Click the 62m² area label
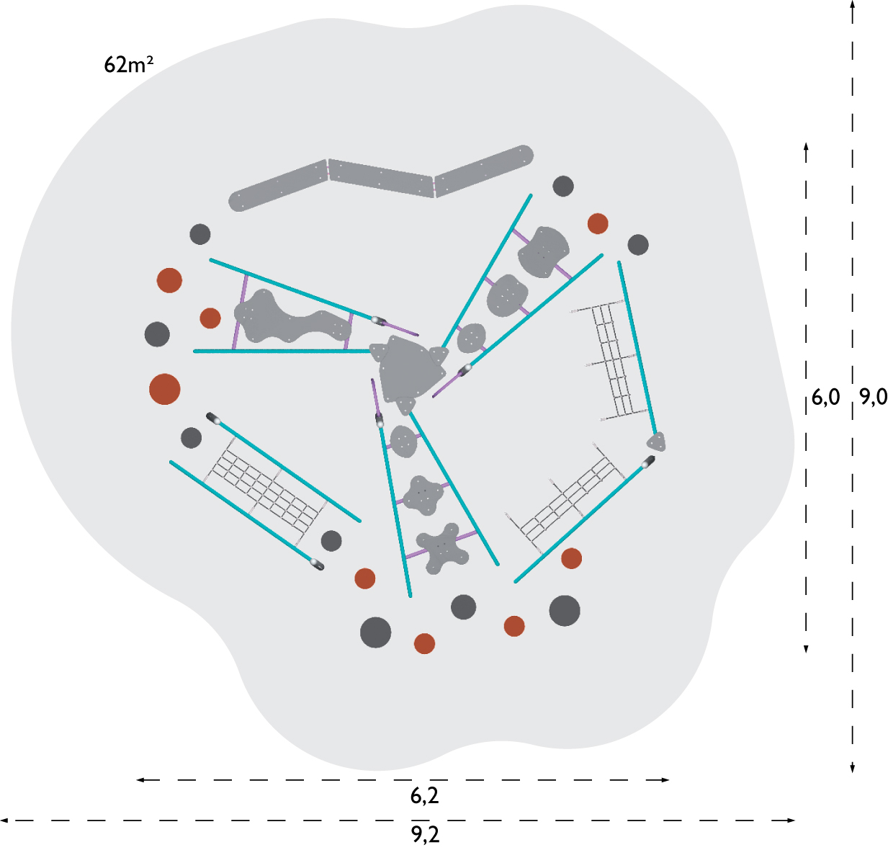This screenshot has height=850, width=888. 128,64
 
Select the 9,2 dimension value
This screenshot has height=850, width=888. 425,834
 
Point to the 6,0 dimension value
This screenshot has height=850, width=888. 825,398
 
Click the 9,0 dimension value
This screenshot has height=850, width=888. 874,397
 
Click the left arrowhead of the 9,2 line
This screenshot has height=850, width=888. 4,820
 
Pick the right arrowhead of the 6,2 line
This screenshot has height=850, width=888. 665,780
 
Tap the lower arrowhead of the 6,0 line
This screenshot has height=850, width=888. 806,649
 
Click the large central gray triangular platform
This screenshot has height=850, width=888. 409,370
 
